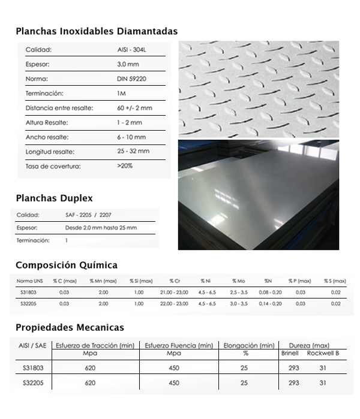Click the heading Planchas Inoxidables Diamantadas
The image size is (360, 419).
pyautogui.click(x=97, y=31)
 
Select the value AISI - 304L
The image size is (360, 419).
pyautogui.click(x=131, y=50)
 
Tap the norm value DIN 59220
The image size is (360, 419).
pyautogui.click(x=132, y=79)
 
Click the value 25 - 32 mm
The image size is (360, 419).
pyautogui.click(x=133, y=152)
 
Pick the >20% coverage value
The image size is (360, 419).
pyautogui.click(x=125, y=166)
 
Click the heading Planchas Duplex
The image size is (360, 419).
pyautogui.click(x=54, y=198)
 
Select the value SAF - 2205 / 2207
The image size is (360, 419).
pyautogui.click(x=89, y=215)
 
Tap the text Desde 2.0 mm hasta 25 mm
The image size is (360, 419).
pyautogui.click(x=101, y=228)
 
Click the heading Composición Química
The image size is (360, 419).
pyautogui.click(x=67, y=265)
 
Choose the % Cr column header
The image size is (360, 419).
pyautogui.click(x=175, y=281)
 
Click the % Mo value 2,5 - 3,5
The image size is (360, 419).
pyautogui.click(x=239, y=292)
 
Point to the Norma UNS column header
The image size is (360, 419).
pyautogui.click(x=29, y=281)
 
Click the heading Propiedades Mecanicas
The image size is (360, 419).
pyautogui.click(x=70, y=327)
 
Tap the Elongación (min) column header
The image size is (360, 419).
pyautogui.click(x=249, y=345)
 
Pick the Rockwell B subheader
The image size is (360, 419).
pyautogui.click(x=323, y=354)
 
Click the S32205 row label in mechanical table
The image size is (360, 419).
pyautogui.click(x=33, y=382)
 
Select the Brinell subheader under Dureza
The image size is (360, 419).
pyautogui.click(x=290, y=354)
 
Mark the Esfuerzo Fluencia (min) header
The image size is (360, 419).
pyautogui.click(x=179, y=345)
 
